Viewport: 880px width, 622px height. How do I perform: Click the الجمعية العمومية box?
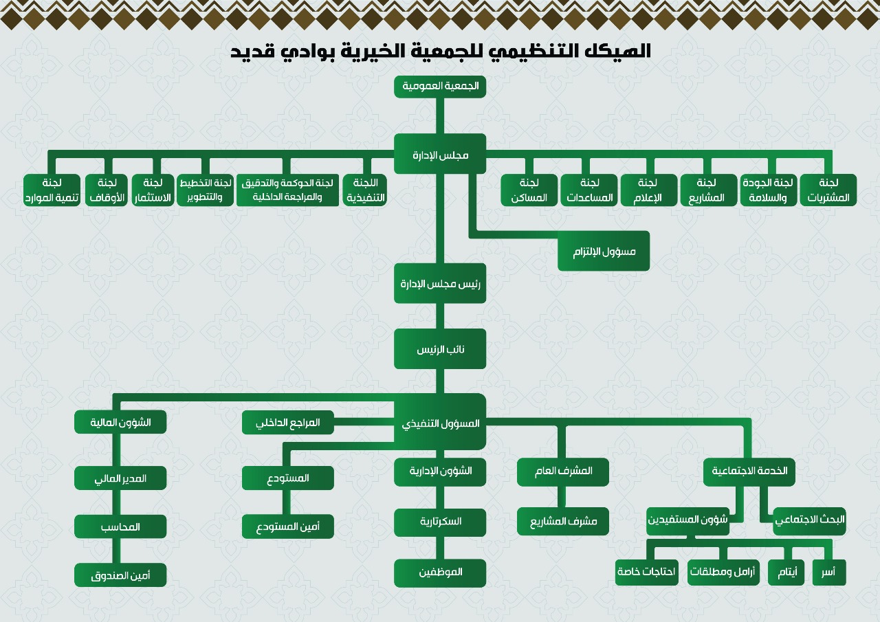click(x=440, y=87)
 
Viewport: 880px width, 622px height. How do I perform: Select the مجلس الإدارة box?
click(x=440, y=153)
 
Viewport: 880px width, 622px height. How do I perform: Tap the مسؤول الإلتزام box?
click(x=604, y=251)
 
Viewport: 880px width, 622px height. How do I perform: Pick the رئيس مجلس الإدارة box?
click(x=440, y=283)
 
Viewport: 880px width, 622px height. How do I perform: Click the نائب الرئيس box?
click(x=440, y=348)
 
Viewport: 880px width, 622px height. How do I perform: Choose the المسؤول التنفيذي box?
click(x=440, y=422)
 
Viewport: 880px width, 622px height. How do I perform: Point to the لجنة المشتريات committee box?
click(x=828, y=190)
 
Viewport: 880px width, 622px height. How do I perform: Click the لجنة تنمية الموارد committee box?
click(x=52, y=190)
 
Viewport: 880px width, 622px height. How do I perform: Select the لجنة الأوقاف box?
click(x=107, y=190)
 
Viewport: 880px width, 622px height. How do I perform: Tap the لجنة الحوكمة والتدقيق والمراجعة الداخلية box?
click(x=287, y=190)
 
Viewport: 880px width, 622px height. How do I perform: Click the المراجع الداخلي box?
click(x=288, y=423)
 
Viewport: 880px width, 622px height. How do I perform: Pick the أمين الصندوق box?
click(x=120, y=575)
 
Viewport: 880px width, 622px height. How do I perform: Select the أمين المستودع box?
click(x=288, y=526)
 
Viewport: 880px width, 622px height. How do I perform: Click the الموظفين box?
click(x=440, y=572)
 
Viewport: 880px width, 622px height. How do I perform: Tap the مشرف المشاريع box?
click(x=563, y=521)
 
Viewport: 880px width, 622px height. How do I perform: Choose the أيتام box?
click(x=786, y=572)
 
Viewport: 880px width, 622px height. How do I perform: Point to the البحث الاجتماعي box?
click(x=809, y=521)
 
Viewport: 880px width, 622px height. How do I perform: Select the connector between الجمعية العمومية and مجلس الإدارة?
click(x=440, y=116)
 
